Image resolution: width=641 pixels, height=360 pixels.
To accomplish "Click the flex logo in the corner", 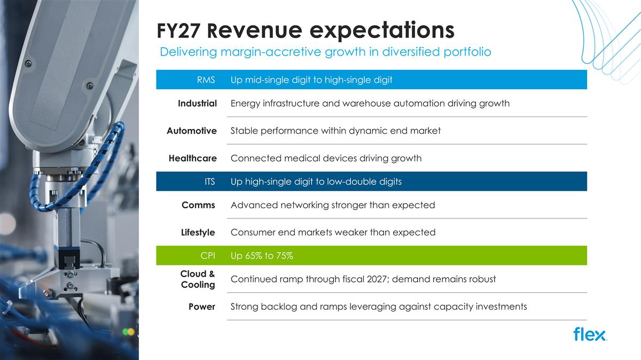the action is tap(590, 334).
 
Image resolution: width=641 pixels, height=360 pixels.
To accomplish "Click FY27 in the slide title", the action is tap(178, 30).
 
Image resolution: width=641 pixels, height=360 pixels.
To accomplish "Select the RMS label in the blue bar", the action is tap(206, 80).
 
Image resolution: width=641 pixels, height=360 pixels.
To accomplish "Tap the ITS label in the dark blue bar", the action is tap(209, 182).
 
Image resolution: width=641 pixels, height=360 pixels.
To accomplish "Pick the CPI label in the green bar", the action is tap(208, 255).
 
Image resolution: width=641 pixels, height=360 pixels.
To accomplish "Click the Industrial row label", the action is tap(197, 103).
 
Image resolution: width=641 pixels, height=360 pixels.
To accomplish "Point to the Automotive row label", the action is tap(192, 131).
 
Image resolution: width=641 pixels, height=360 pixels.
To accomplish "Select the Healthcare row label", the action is tap(193, 158).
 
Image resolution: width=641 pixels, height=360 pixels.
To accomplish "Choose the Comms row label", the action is tap(198, 205).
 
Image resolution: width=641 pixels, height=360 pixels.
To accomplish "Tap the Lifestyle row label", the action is tap(198, 232).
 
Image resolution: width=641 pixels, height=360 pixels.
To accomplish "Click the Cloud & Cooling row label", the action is tap(198, 279).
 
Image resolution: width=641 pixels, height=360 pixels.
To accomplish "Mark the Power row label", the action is tap(202, 307).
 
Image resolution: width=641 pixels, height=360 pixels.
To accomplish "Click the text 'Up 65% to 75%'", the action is tap(262, 255).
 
